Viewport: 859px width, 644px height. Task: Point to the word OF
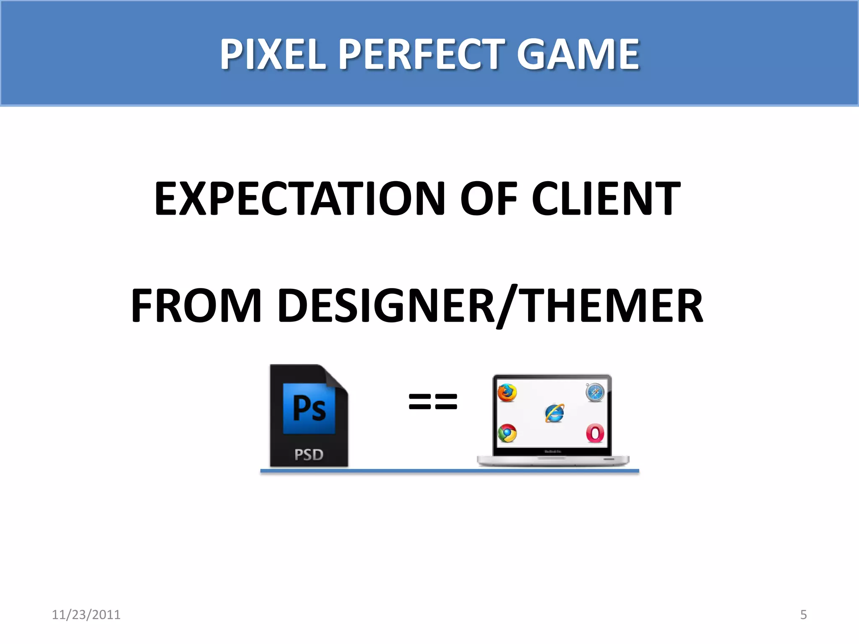pyautogui.click(x=489, y=199)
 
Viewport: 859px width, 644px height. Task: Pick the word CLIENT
pyautogui.click(x=606, y=199)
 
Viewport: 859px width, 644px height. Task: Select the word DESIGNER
pyautogui.click(x=386, y=306)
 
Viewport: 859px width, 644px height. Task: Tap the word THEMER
pyautogui.click(x=613, y=306)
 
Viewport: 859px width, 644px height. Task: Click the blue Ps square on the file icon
pyautogui.click(x=309, y=408)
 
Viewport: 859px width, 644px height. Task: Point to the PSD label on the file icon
pyautogui.click(x=309, y=454)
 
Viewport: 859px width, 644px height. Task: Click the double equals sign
pyautogui.click(x=433, y=401)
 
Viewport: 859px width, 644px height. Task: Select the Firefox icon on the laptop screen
pyautogui.click(x=507, y=393)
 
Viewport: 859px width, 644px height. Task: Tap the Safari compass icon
pyautogui.click(x=595, y=392)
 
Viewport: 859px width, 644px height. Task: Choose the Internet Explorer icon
pyautogui.click(x=554, y=413)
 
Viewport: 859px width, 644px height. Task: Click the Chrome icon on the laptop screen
pyautogui.click(x=507, y=434)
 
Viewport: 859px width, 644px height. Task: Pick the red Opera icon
pyautogui.click(x=595, y=434)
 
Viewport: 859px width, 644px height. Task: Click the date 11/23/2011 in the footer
pyautogui.click(x=86, y=615)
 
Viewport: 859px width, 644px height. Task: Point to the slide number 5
pyautogui.click(x=803, y=615)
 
